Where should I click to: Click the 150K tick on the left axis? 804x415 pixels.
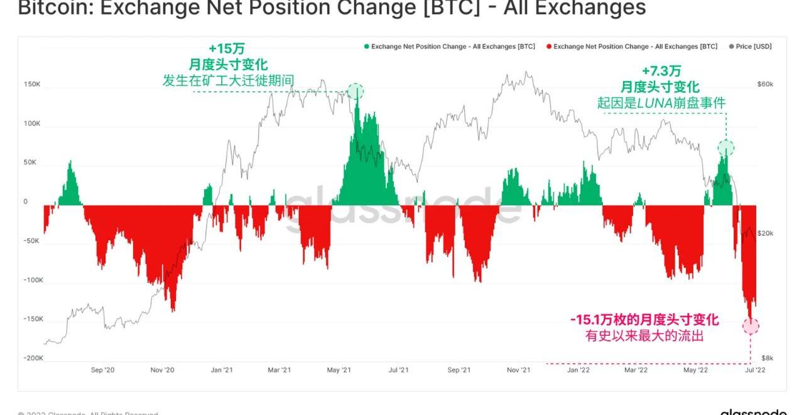click(32, 84)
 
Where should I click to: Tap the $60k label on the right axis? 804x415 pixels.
click(764, 84)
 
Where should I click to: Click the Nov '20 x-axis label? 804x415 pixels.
click(161, 370)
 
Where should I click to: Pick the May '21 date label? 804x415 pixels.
click(339, 370)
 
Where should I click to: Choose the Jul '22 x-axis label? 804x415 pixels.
click(756, 370)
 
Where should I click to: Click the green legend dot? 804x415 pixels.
click(367, 47)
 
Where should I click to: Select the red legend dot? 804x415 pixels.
click(549, 47)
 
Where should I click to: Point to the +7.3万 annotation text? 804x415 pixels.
click(660, 71)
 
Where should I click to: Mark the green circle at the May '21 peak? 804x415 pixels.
click(356, 92)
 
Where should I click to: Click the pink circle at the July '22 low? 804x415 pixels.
click(751, 326)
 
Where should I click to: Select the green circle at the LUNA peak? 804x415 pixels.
click(726, 148)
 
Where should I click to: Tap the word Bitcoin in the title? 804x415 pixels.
click(48, 8)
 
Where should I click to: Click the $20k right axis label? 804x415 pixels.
click(765, 233)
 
